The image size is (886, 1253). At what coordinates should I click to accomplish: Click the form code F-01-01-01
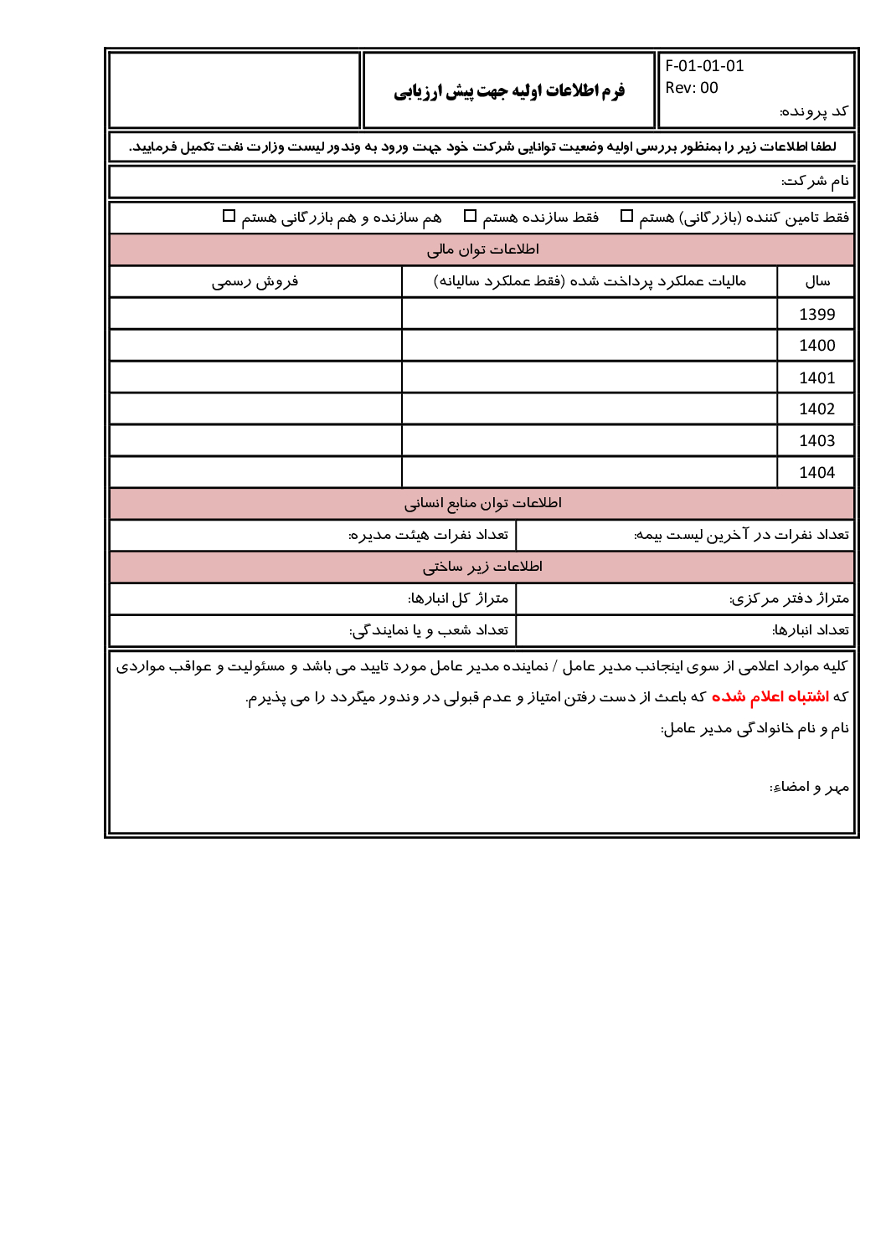704,66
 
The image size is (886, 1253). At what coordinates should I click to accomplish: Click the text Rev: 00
692,88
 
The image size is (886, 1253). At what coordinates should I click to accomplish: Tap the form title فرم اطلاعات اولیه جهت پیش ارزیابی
509,91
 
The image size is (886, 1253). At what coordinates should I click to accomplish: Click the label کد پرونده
814,111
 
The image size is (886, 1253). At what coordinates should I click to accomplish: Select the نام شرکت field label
815,181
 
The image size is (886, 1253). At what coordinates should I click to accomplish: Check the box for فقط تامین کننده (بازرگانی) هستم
626,216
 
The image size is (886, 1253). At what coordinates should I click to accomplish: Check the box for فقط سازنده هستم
471,216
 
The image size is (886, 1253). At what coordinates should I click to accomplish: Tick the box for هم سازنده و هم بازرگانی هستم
229,216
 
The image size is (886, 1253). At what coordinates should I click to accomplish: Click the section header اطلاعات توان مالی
482,249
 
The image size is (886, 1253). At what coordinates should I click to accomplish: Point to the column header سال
817,281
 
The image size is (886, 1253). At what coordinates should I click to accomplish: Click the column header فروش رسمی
255,281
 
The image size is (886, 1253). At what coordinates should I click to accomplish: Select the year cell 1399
816,314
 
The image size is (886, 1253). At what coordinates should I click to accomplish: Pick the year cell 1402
816,409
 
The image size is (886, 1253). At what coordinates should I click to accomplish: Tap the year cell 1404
816,473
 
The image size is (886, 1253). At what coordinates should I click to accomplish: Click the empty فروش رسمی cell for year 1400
255,346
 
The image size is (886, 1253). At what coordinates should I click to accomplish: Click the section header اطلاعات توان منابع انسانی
482,503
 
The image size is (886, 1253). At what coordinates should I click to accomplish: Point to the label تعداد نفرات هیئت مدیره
428,535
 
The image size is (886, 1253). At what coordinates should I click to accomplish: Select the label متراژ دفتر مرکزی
789,598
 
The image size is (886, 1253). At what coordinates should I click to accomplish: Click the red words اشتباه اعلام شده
770,696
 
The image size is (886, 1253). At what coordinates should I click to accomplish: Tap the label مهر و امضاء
809,787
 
